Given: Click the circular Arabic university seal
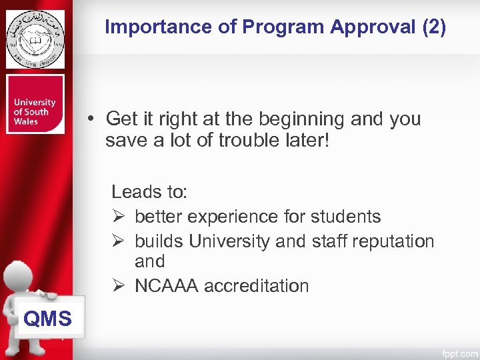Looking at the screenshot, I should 35,39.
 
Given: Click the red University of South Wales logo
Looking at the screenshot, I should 35,104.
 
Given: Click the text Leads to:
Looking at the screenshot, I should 149,193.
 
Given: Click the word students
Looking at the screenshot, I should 344,217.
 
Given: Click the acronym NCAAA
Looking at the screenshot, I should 167,286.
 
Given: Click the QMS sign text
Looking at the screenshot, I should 47,319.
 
